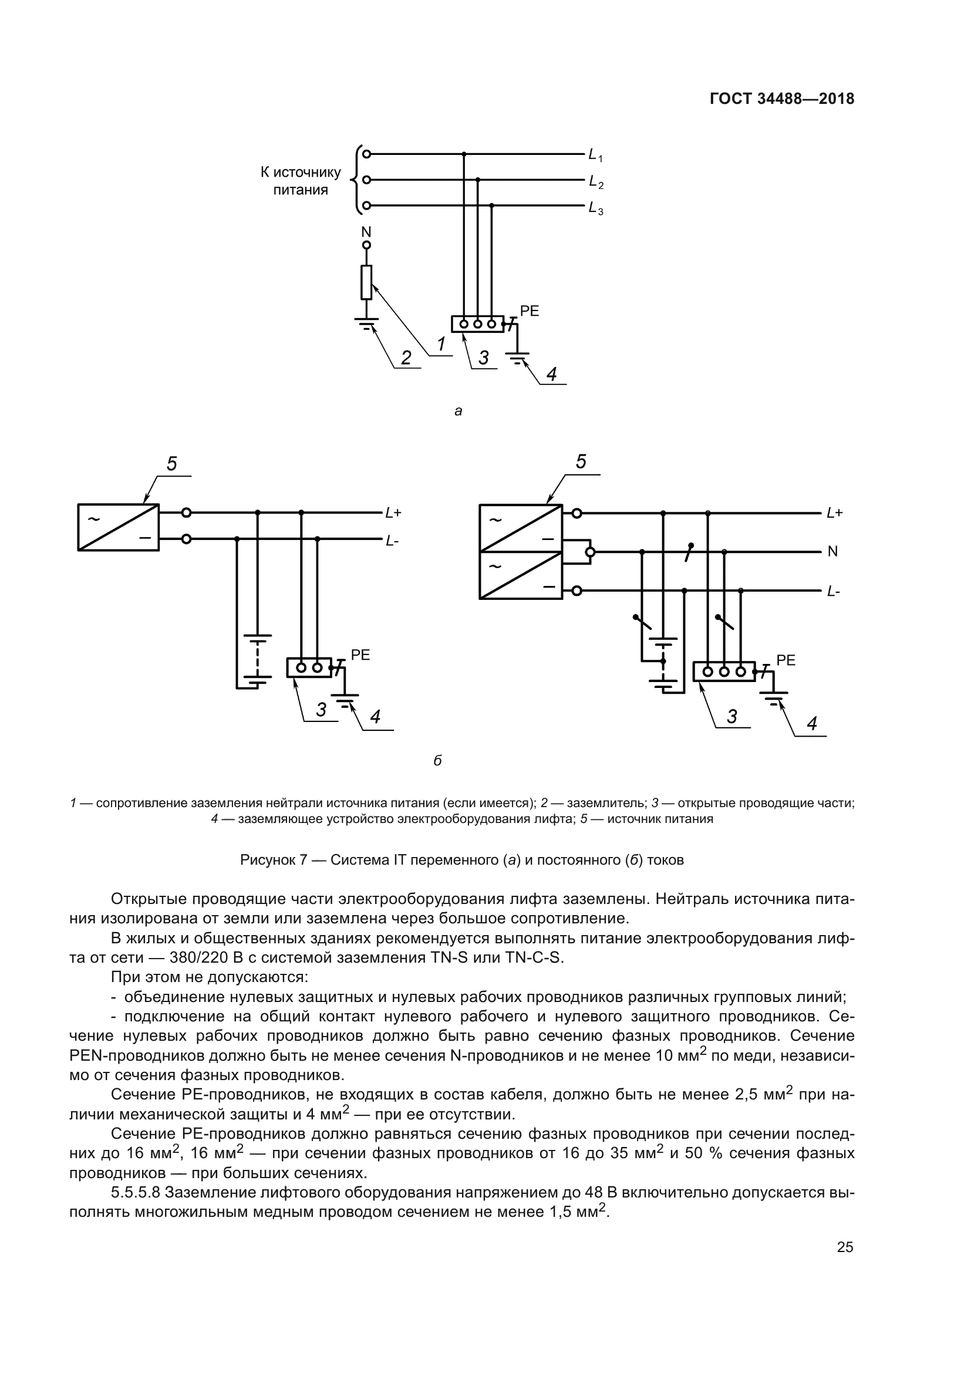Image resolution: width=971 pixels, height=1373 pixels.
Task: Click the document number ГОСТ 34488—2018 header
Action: [x=781, y=99]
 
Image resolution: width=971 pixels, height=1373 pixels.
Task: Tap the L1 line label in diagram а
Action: [x=595, y=156]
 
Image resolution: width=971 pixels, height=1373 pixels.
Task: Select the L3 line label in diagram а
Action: [x=595, y=209]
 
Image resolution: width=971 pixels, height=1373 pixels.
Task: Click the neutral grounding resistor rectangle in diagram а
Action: [x=366, y=282]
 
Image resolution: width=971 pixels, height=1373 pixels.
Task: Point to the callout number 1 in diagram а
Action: [x=441, y=345]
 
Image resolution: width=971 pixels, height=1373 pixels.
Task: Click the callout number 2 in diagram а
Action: [x=406, y=358]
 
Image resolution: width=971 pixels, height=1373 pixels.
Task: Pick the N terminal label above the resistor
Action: [x=366, y=231]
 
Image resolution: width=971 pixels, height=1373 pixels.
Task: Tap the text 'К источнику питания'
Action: [x=300, y=181]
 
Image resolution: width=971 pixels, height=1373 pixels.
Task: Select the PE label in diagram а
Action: [x=529, y=311]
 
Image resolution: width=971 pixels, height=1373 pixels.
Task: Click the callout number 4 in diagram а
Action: [x=551, y=375]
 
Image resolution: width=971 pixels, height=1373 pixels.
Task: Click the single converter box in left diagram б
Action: [x=119, y=527]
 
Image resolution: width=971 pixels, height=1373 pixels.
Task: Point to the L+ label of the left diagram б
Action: [x=393, y=513]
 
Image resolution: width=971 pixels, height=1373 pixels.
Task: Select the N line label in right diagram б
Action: [x=832, y=552]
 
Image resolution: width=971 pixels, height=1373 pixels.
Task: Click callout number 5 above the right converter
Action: [x=581, y=462]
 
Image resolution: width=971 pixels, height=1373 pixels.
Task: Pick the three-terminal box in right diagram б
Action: [x=723, y=672]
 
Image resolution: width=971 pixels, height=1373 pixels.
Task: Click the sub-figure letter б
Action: [x=438, y=761]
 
